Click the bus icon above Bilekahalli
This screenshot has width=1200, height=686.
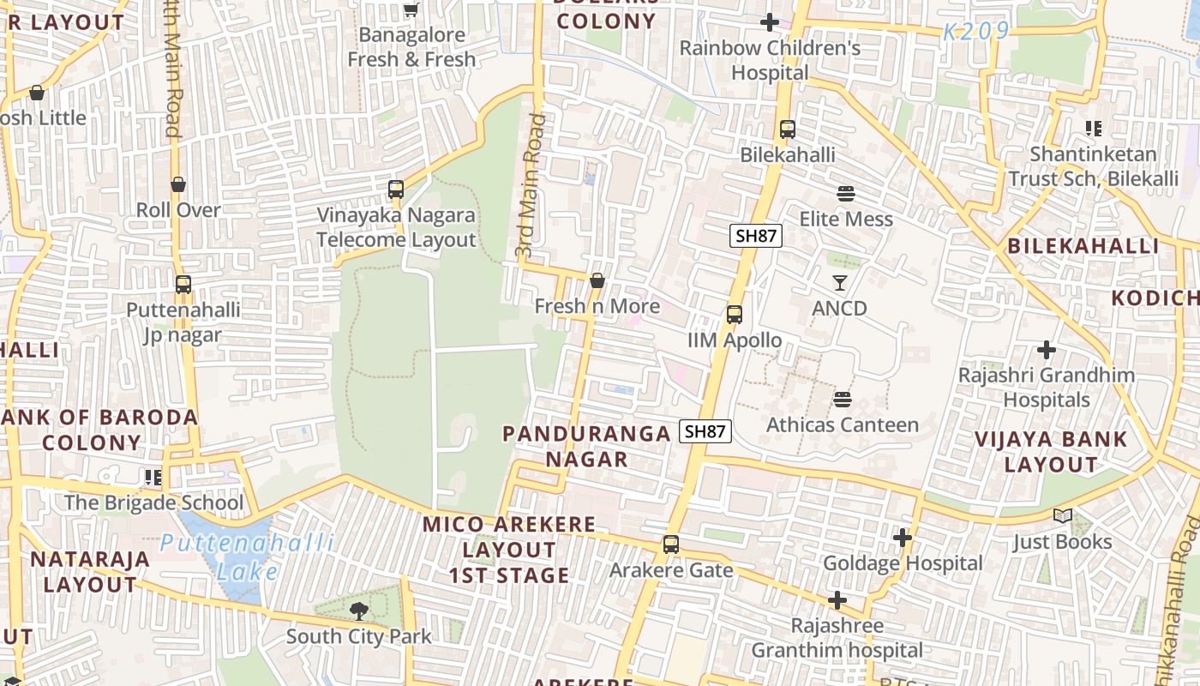(787, 129)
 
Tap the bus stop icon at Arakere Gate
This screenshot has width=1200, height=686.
(670, 545)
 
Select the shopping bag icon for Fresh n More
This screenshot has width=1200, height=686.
(597, 280)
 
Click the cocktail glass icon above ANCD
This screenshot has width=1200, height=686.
(840, 282)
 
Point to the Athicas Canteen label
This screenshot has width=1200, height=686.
(842, 424)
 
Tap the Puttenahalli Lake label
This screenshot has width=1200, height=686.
(247, 557)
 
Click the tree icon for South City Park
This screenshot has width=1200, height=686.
(358, 611)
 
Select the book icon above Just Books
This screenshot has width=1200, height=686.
(1063, 516)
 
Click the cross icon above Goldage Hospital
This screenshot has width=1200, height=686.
(903, 538)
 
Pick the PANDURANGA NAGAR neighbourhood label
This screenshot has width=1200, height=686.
(587, 446)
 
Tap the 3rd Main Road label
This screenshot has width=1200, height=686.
(530, 186)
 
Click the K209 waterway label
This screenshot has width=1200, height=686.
(975, 33)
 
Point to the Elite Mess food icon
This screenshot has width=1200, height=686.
(846, 194)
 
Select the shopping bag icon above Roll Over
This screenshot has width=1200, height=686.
(178, 184)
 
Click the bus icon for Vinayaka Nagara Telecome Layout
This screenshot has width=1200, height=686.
(396, 190)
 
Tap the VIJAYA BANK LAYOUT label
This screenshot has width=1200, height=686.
(1051, 452)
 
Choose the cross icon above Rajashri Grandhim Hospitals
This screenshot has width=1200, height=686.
(1046, 350)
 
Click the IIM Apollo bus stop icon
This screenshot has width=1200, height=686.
(735, 315)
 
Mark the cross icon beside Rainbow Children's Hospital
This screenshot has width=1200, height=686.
(770, 22)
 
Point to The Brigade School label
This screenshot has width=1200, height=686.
(154, 502)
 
